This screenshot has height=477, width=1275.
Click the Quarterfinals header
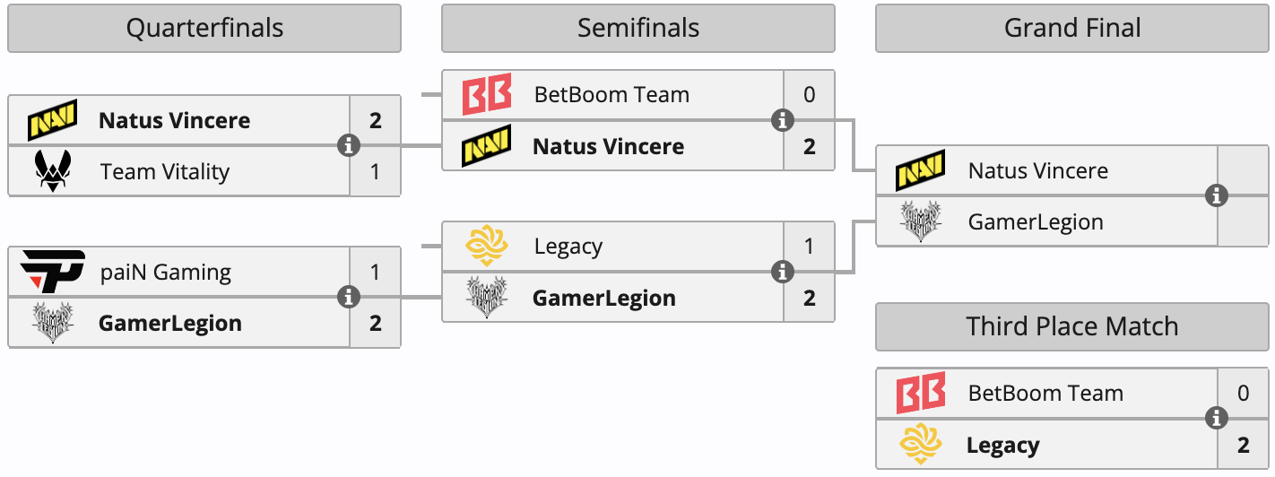click(x=204, y=29)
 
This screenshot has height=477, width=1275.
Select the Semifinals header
click(x=638, y=29)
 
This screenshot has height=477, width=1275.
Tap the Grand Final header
click(x=1072, y=29)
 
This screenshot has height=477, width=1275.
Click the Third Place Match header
click(x=1072, y=326)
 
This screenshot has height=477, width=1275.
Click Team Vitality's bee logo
click(x=53, y=170)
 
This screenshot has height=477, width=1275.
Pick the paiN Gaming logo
click(x=52, y=271)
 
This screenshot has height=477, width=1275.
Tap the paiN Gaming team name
click(x=166, y=272)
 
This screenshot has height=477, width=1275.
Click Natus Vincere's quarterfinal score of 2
click(x=375, y=120)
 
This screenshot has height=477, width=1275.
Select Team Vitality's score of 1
click(x=375, y=171)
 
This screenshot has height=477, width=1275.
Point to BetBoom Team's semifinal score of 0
click(x=810, y=94)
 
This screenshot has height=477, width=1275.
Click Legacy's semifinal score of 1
click(x=809, y=246)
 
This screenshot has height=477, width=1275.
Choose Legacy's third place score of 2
click(x=1243, y=445)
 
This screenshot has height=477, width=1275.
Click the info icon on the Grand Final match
click(x=1217, y=195)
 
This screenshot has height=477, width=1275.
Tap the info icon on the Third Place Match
click(x=1217, y=419)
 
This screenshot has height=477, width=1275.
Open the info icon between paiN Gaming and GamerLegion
click(x=349, y=297)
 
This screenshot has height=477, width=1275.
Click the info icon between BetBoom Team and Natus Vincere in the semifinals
click(x=783, y=120)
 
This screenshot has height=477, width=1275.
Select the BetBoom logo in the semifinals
click(x=487, y=94)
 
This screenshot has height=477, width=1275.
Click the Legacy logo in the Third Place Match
click(x=921, y=444)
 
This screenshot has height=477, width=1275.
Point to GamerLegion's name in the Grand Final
click(x=1036, y=222)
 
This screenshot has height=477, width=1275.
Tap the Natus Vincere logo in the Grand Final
click(x=921, y=170)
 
